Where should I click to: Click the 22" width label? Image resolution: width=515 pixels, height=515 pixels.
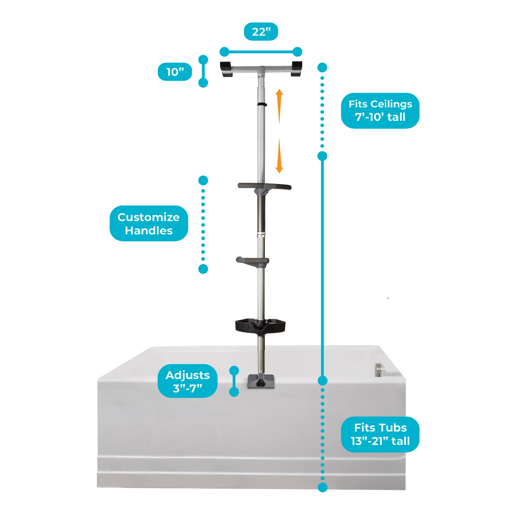(x=261, y=32)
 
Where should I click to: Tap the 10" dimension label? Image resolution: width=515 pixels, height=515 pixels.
(x=175, y=72)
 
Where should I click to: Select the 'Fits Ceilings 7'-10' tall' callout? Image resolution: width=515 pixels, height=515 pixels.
(x=380, y=111)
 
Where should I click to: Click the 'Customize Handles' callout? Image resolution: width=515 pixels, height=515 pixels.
(x=149, y=224)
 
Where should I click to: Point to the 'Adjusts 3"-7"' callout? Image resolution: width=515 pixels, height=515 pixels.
(x=187, y=381)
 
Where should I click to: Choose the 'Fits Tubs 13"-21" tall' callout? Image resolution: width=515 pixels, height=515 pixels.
(x=380, y=434)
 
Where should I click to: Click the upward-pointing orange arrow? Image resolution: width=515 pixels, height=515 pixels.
(x=279, y=106)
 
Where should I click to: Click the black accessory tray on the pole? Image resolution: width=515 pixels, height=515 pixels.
(x=261, y=326)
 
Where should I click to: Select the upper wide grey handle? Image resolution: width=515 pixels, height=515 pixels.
(x=264, y=186)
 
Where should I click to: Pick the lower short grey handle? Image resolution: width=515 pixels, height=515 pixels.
(x=252, y=261)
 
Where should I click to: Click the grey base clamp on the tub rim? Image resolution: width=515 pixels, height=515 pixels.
(x=261, y=382)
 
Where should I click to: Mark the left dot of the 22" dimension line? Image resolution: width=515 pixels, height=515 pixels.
(x=224, y=52)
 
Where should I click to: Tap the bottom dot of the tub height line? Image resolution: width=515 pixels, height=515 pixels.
(x=322, y=487)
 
